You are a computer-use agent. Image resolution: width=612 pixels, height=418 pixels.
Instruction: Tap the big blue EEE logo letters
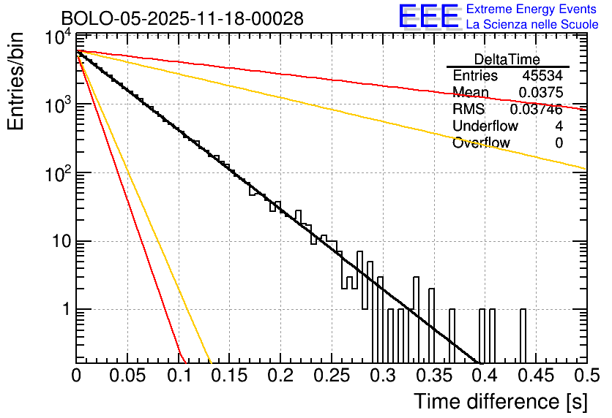(x=428, y=18)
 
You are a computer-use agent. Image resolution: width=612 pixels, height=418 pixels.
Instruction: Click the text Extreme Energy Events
(x=532, y=9)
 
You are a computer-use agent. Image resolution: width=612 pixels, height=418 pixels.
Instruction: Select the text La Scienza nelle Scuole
(x=532, y=25)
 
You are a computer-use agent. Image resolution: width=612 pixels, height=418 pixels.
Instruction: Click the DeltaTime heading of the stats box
(x=507, y=59)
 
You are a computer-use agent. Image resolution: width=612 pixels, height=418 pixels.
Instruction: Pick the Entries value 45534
(x=542, y=76)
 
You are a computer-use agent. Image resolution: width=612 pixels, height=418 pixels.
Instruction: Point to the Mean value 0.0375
(x=541, y=93)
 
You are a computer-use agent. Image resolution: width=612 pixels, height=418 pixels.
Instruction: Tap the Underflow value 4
(x=559, y=126)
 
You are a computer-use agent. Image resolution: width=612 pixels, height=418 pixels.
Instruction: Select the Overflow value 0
(x=559, y=143)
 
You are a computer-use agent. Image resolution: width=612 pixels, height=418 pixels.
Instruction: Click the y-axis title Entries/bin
(x=17, y=82)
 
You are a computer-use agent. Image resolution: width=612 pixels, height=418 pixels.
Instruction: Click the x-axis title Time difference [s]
(x=499, y=401)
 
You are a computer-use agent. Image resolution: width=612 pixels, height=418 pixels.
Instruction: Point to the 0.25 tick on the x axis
(x=331, y=376)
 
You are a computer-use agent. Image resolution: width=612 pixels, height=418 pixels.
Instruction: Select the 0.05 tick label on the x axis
(x=127, y=376)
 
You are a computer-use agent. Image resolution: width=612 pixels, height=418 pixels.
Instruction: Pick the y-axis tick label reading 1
(x=64, y=310)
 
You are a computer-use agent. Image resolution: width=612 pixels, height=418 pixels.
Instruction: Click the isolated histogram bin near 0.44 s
(x=523, y=335)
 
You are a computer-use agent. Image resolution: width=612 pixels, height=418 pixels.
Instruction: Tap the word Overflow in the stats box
(x=481, y=143)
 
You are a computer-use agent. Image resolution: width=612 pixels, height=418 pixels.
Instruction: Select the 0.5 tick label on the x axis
(x=583, y=376)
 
